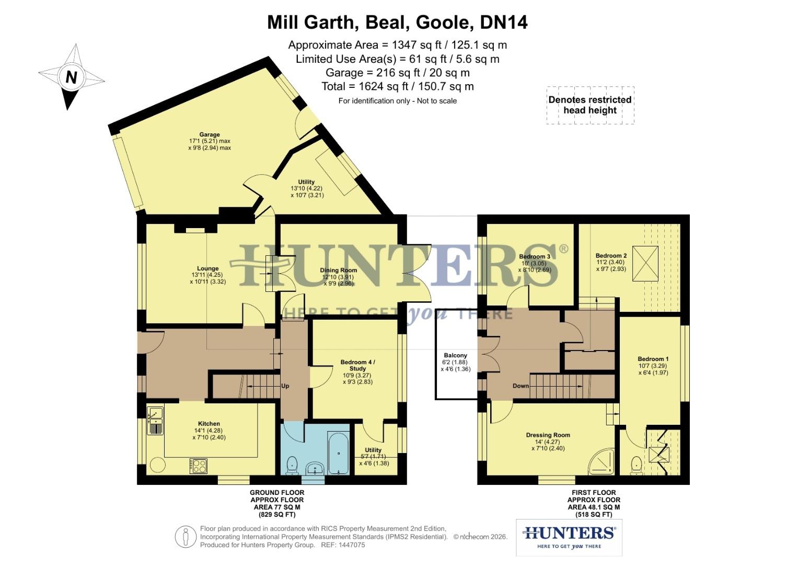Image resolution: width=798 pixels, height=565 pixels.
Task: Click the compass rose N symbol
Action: pyautogui.click(x=71, y=77)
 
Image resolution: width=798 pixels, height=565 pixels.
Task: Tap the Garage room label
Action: pyautogui.click(x=210, y=134)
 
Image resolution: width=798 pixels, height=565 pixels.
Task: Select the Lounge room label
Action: pyautogui.click(x=208, y=269)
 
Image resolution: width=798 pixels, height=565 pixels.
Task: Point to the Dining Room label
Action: pyautogui.click(x=339, y=270)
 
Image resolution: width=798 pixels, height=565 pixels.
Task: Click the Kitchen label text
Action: pyautogui.click(x=209, y=424)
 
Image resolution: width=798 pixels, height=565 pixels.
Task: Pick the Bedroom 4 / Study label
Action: pyautogui.click(x=358, y=365)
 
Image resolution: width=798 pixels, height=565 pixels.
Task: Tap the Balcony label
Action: pyautogui.click(x=456, y=356)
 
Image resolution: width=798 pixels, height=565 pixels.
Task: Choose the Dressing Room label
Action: pyautogui.click(x=548, y=435)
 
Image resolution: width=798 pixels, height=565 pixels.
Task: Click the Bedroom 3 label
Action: pyautogui.click(x=535, y=257)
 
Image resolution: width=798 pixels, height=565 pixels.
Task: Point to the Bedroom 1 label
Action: pyautogui.click(x=653, y=359)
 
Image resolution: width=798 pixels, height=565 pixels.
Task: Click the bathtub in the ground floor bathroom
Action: pyautogui.click(x=339, y=453)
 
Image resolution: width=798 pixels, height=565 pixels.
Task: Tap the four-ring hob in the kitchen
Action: pyautogui.click(x=199, y=466)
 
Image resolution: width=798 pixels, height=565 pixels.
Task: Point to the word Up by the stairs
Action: pyautogui.click(x=285, y=386)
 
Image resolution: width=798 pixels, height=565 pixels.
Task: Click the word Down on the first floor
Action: pyautogui.click(x=521, y=386)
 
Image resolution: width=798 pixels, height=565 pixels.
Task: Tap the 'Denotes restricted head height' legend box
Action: pyautogui.click(x=590, y=105)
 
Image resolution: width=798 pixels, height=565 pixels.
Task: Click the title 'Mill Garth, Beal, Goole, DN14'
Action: pyautogui.click(x=397, y=22)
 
